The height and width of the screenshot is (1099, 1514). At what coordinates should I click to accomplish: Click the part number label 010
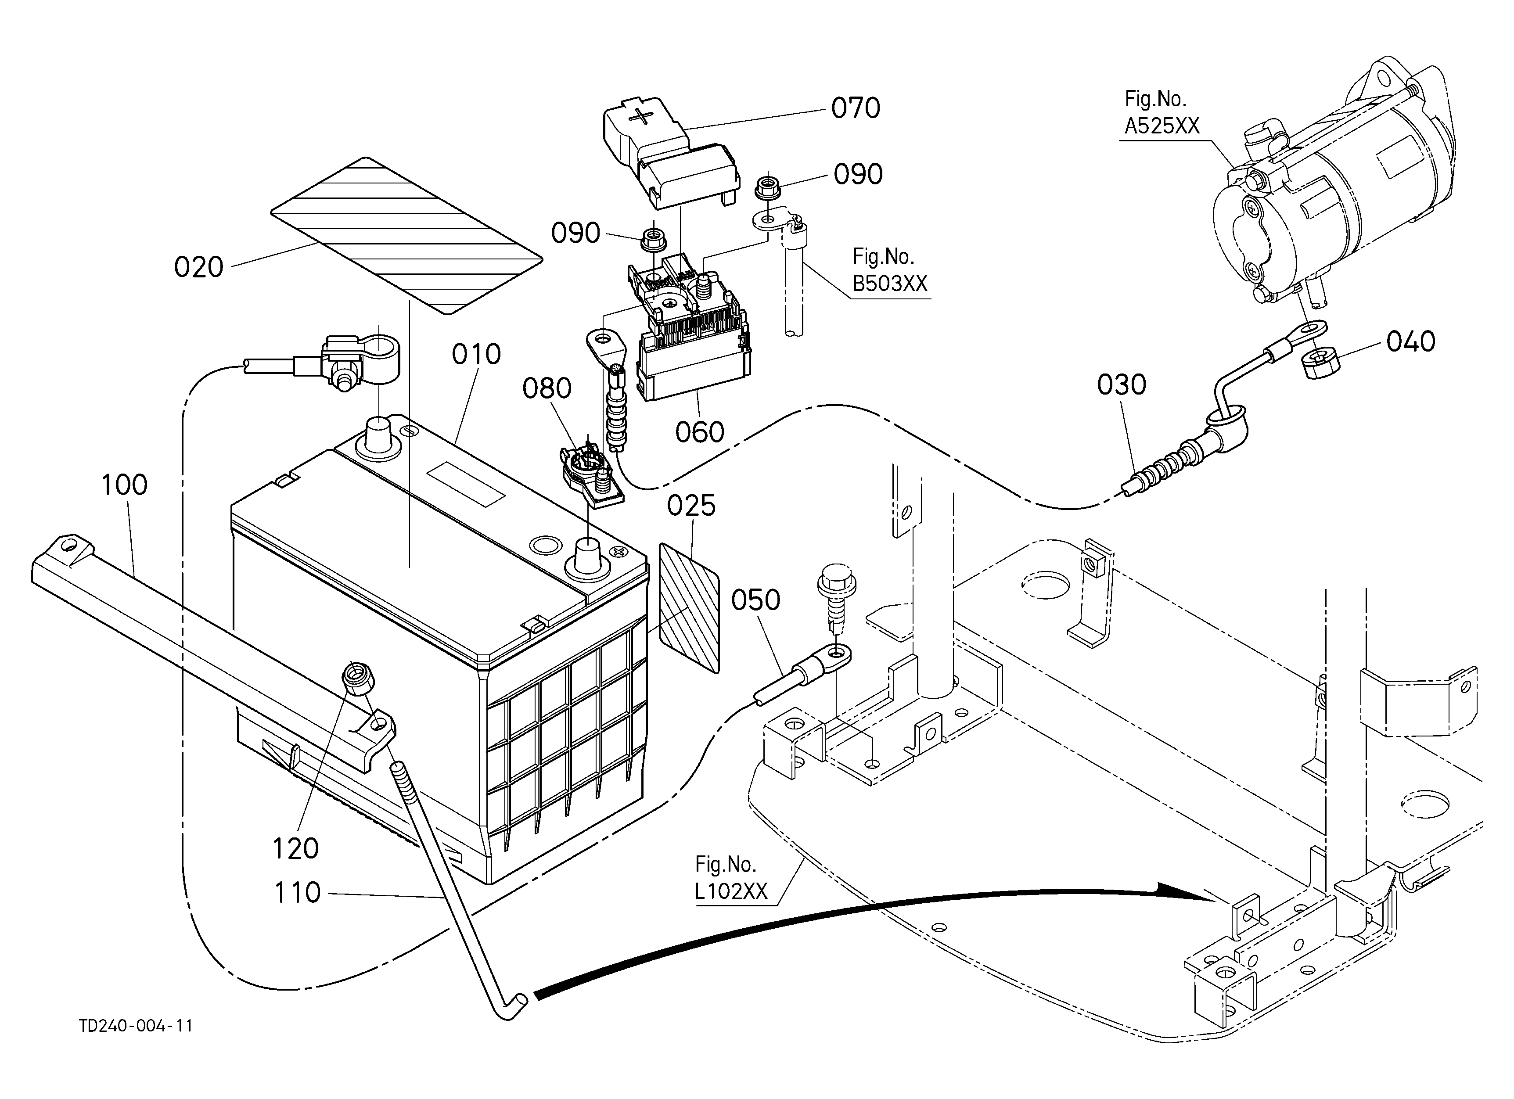pos(476,354)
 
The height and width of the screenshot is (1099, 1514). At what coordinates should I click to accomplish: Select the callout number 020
pos(198,267)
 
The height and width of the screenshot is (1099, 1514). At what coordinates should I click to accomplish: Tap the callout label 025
pos(691,506)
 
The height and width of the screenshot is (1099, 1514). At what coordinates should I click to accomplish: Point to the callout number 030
pos(1122,384)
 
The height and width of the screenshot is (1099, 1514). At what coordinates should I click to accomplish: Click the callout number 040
pos(1410,341)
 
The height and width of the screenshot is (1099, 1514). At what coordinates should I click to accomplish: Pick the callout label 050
pos(755,600)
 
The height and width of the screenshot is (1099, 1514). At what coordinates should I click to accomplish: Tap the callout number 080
pos(547,388)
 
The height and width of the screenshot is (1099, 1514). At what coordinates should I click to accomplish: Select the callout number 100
pos(124,485)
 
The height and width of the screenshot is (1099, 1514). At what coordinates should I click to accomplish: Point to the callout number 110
pos(297,892)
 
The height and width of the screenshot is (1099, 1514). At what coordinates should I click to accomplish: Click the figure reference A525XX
pos(1162,126)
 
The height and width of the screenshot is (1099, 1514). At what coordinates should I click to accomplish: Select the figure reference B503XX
pos(890,284)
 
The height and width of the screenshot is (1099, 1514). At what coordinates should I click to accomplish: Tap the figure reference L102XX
pos(731,891)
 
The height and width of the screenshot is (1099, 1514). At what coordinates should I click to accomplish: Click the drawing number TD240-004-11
pos(136,1026)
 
